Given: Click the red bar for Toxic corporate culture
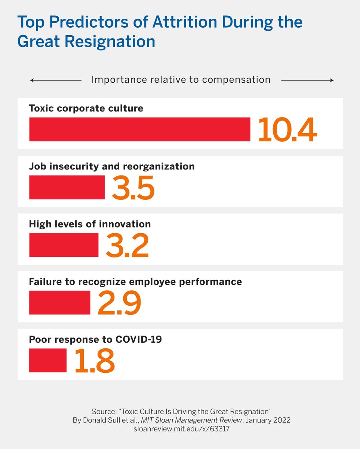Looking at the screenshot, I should pyautogui.click(x=139, y=129).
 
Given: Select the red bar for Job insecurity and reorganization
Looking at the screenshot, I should pyautogui.click(x=67, y=187).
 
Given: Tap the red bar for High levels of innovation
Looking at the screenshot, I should pyautogui.click(x=64, y=245).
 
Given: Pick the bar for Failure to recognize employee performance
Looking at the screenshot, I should pyautogui.click(x=59, y=302).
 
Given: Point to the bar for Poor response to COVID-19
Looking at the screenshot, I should pyautogui.click(x=48, y=360).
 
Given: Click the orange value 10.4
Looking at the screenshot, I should pyautogui.click(x=287, y=130).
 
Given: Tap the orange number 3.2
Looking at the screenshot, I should pyautogui.click(x=127, y=245).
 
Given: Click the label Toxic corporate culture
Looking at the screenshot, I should pyautogui.click(x=86, y=109).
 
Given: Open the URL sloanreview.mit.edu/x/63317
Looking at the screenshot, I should pyautogui.click(x=181, y=429).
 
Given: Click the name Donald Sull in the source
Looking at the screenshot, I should pyautogui.click(x=105, y=420).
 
